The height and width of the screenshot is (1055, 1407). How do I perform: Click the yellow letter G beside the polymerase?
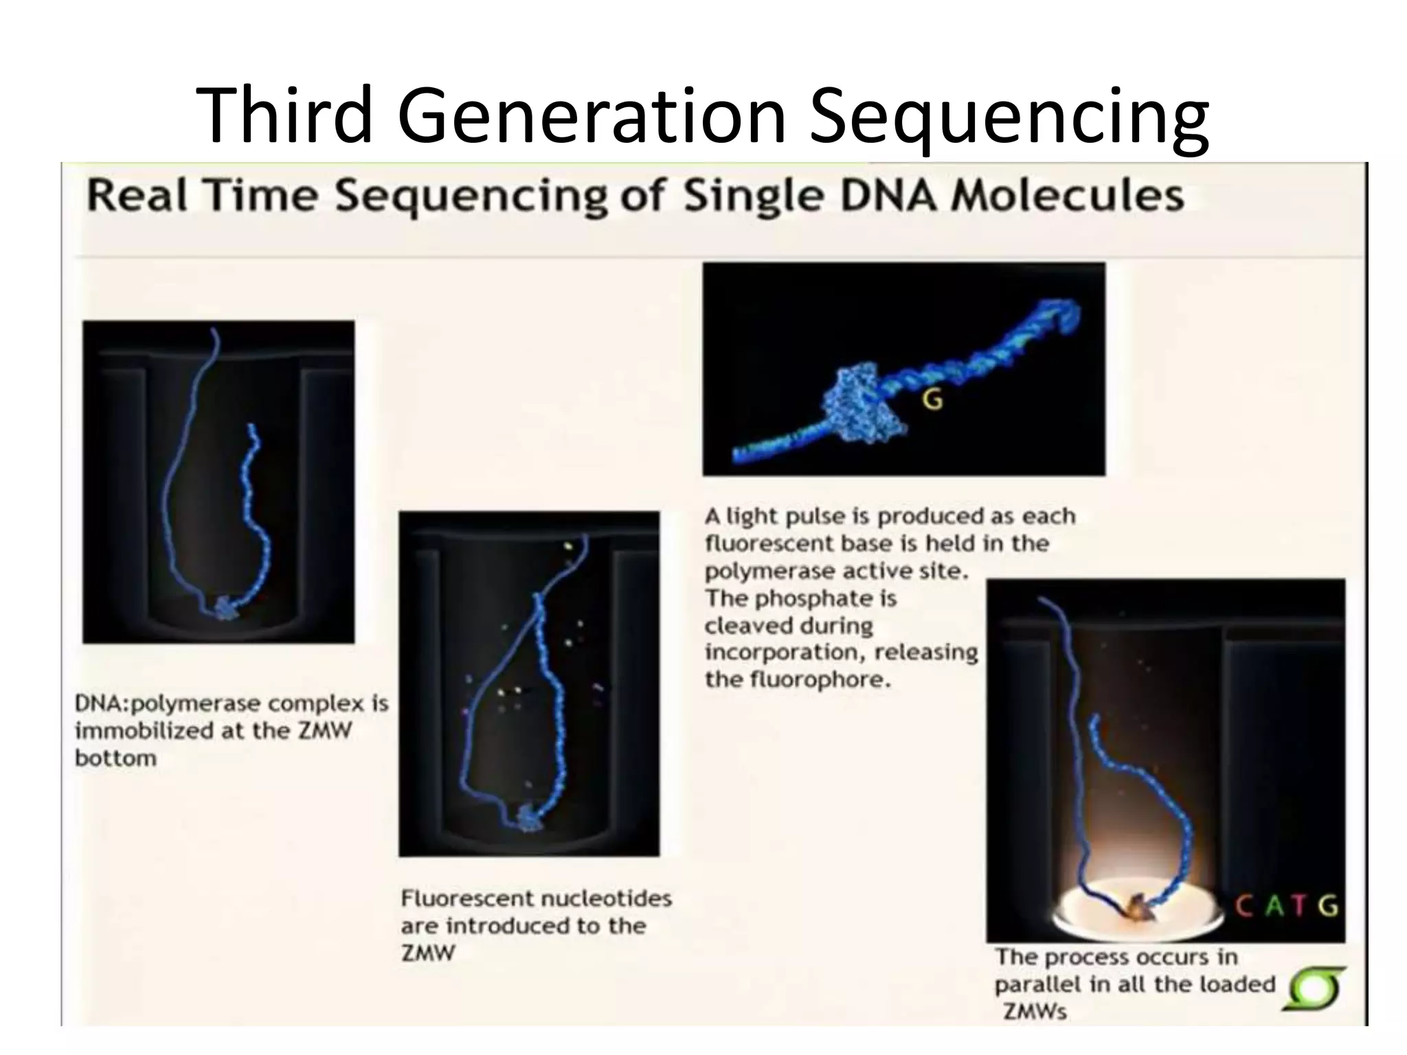[932, 398]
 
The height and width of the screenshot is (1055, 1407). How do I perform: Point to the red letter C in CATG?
[1242, 907]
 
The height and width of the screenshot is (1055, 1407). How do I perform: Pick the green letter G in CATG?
[1328, 907]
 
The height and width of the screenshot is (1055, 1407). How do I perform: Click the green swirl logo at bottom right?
[1314, 988]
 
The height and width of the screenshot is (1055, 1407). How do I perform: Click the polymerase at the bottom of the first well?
[225, 609]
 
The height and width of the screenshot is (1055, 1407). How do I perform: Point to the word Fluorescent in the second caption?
[466, 898]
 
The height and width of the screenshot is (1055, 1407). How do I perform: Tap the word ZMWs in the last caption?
[1035, 1012]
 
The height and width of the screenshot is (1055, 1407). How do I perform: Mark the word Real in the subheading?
[137, 196]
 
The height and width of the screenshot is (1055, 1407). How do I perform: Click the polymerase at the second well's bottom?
[529, 817]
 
